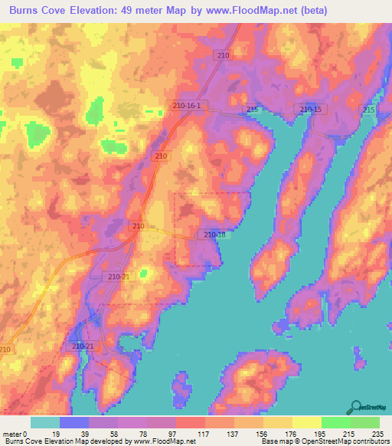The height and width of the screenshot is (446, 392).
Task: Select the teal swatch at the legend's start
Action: tap(44, 422)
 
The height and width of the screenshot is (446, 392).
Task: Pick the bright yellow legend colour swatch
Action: tap(306, 422)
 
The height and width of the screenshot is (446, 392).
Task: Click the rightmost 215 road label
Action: tap(369, 110)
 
